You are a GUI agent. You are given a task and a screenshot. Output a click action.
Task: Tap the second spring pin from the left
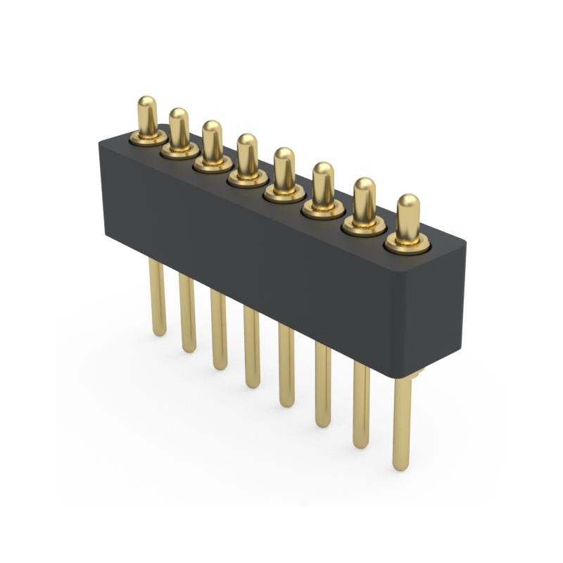[179, 129]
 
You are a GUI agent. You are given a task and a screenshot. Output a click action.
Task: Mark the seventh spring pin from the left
[364, 202]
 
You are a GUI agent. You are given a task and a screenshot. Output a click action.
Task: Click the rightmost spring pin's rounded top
[408, 208]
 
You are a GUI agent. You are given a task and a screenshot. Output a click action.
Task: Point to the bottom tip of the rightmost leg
[401, 466]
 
